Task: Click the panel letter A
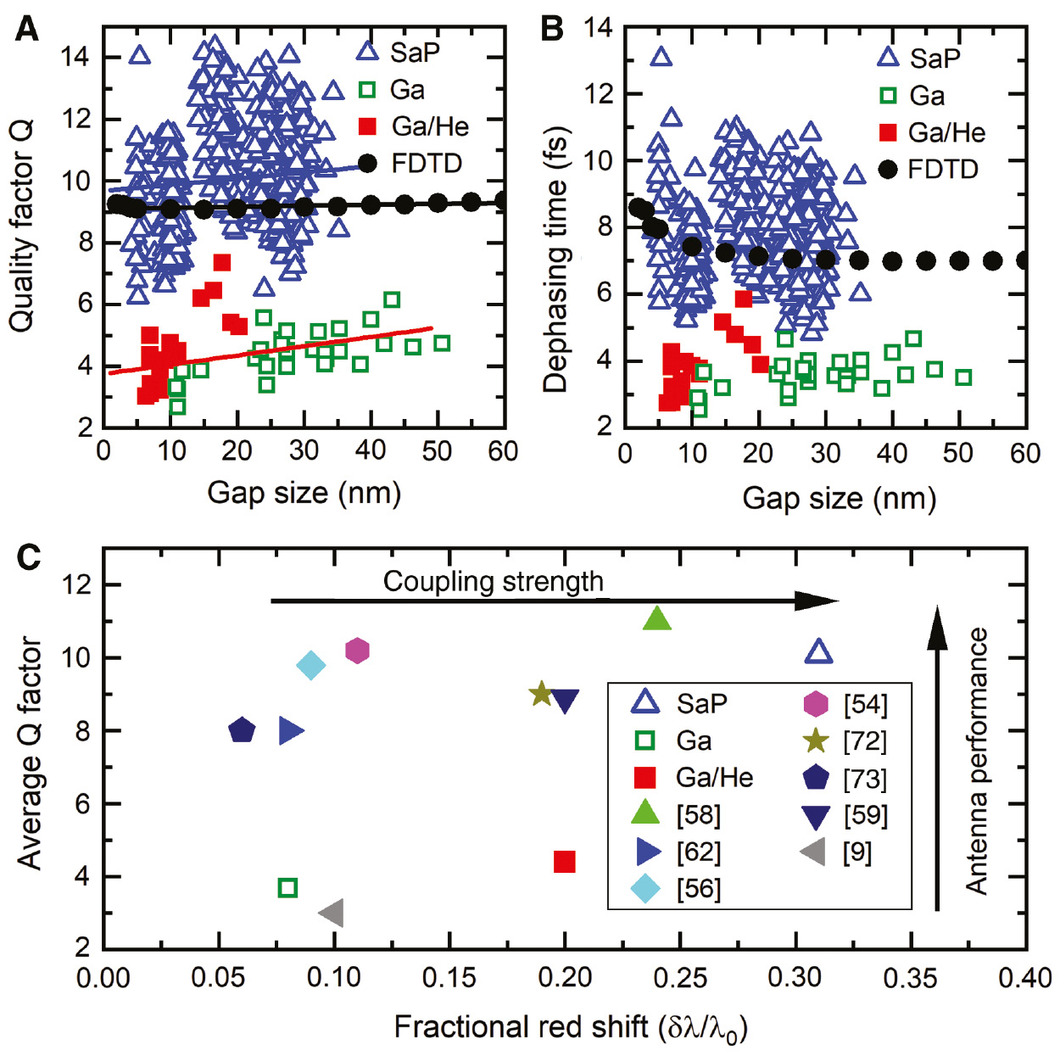27,30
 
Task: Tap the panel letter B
552,30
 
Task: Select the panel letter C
29,557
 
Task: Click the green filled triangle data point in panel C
657,619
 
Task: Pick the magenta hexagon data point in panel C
358,651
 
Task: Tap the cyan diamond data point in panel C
311,666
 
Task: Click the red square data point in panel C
565,862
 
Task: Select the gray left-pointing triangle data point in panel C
332,914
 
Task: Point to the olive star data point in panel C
541,694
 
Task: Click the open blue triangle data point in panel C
817,652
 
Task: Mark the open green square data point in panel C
287,888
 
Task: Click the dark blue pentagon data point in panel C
242,730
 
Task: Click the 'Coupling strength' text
493,582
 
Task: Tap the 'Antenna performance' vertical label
978,761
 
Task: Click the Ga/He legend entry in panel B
933,132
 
